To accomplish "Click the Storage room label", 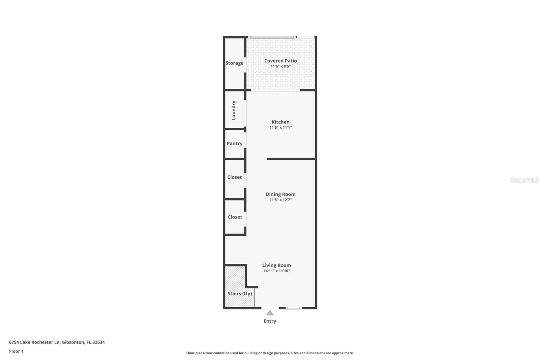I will [234, 63].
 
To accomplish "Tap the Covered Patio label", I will [280, 61].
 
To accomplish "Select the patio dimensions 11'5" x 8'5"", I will [280, 67].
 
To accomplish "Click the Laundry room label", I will [234, 110].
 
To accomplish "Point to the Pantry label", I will [235, 144].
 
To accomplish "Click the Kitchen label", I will [280, 122].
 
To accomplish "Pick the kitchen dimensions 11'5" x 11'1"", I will [280, 128].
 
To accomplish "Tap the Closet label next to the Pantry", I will [235, 177].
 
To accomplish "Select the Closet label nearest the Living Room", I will [235, 217].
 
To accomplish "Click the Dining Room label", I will [280, 194].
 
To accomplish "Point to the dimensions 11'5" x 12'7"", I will [280, 200].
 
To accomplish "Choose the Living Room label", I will [276, 265].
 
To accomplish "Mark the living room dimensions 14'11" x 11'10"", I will [276, 271].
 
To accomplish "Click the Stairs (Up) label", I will [240, 294].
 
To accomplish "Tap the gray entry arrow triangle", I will [270, 313].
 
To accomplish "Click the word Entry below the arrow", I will [270, 321].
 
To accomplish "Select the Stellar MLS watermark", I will [524, 180].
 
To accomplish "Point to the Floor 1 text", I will [16, 351].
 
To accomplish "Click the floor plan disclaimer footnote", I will [270, 353].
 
